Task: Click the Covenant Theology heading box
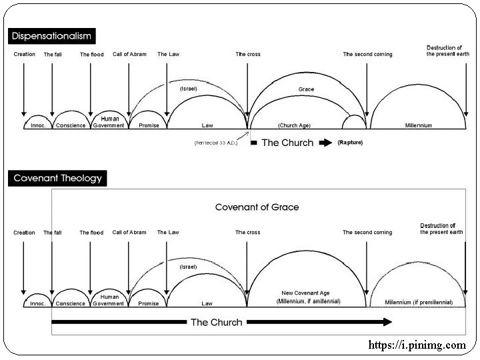click(x=59, y=178)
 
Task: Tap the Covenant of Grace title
click(x=257, y=207)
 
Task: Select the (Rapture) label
click(x=351, y=143)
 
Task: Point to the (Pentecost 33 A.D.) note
click(x=216, y=143)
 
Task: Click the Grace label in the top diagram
click(x=307, y=89)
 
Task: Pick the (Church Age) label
click(x=294, y=125)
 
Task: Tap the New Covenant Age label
click(x=308, y=293)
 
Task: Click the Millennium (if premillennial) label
click(x=419, y=302)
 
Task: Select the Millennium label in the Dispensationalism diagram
click(x=418, y=125)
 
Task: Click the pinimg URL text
click(x=417, y=345)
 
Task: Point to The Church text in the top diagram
click(x=287, y=143)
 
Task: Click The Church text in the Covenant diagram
click(x=216, y=323)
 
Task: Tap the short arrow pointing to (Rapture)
click(x=324, y=143)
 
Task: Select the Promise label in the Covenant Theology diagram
click(x=148, y=303)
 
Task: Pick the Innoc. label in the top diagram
click(x=37, y=125)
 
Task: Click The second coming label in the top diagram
click(x=367, y=54)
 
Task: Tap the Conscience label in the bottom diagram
click(x=70, y=303)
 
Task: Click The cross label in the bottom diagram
click(x=247, y=232)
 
